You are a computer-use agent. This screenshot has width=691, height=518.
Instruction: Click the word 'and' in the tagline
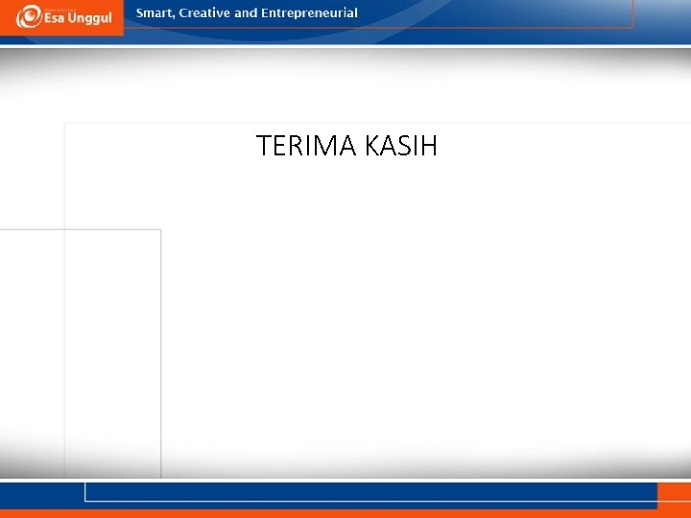pos(247,13)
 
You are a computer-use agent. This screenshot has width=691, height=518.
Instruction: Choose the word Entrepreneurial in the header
pos(309,13)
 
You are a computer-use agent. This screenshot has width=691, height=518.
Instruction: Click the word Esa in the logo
pos(53,19)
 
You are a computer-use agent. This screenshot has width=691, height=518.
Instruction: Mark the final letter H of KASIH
pos(428,147)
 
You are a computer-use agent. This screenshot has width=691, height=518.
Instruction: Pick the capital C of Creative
pos(182,13)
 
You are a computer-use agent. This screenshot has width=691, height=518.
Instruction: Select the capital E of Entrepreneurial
pos(266,13)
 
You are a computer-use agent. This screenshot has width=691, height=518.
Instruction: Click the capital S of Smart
pos(140,13)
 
